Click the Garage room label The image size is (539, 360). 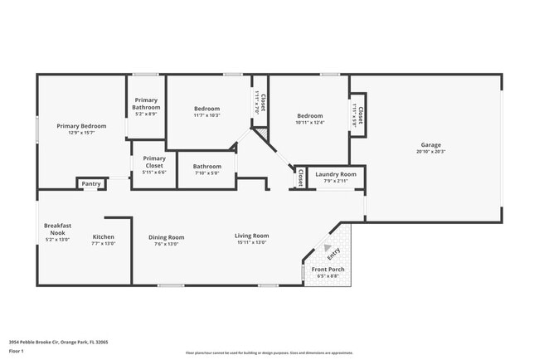click(x=430, y=144)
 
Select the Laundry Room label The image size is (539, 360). click(x=336, y=174)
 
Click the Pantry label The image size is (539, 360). click(x=91, y=184)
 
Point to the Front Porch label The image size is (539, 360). click(x=328, y=270)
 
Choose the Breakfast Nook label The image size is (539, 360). click(x=57, y=229)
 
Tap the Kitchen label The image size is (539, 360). click(x=104, y=236)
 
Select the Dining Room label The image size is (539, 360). click(x=167, y=237)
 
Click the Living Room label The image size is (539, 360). click(x=251, y=236)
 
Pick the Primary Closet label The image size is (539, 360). click(x=154, y=162)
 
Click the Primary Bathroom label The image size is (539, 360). click(x=147, y=104)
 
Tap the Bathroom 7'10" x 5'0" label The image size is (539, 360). click(x=207, y=166)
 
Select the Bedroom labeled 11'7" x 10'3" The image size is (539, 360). click(x=206, y=109)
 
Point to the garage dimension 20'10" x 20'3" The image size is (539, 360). click(x=430, y=152)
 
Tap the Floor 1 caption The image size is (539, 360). click(x=17, y=351)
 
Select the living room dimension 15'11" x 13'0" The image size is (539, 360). click(x=251, y=244)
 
